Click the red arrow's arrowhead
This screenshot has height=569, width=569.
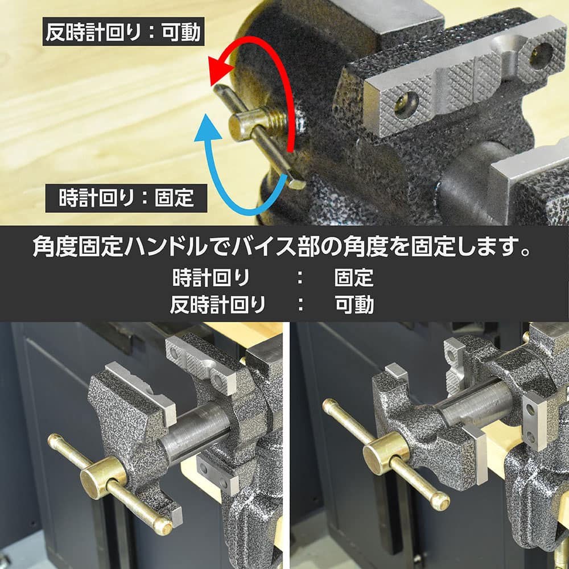click(x=222, y=68)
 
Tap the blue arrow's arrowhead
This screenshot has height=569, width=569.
click(x=207, y=128)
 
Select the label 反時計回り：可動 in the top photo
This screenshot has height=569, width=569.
click(x=123, y=31)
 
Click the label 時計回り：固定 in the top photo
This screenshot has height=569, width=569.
click(x=126, y=198)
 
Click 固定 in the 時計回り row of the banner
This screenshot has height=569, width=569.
click(x=354, y=278)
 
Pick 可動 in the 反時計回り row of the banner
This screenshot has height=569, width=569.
click(x=354, y=304)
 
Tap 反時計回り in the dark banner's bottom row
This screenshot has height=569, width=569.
click(x=218, y=304)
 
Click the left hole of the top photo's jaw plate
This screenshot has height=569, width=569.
click(x=406, y=105)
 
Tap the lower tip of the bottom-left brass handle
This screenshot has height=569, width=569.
click(x=163, y=526)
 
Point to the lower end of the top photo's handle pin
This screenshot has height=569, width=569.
click(x=297, y=183)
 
